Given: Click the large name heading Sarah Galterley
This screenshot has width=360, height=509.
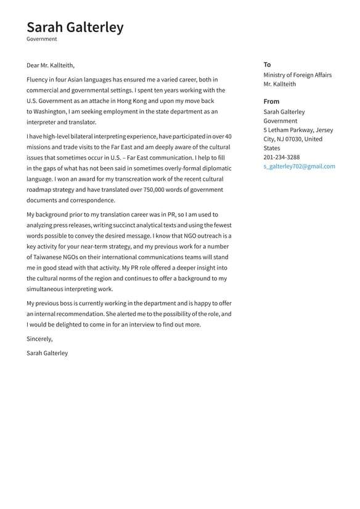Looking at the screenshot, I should tap(75, 27).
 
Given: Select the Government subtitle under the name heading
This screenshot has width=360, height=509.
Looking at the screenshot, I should tap(41, 39).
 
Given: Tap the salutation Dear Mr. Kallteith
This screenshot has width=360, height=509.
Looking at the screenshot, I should tap(51, 65).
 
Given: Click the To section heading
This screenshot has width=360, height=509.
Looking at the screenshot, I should tap(267, 65).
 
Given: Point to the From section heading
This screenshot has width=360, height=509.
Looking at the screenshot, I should tap(271, 101).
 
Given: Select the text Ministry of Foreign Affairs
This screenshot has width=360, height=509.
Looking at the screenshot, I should tap(297, 75).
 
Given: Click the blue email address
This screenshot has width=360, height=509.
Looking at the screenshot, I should tap(299, 167).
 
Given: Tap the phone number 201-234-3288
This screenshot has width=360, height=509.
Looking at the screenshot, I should tap(281, 157).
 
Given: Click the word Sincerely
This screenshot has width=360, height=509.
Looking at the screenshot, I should tap(39, 339).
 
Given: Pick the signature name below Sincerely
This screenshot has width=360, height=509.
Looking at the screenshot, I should tap(47, 354).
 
